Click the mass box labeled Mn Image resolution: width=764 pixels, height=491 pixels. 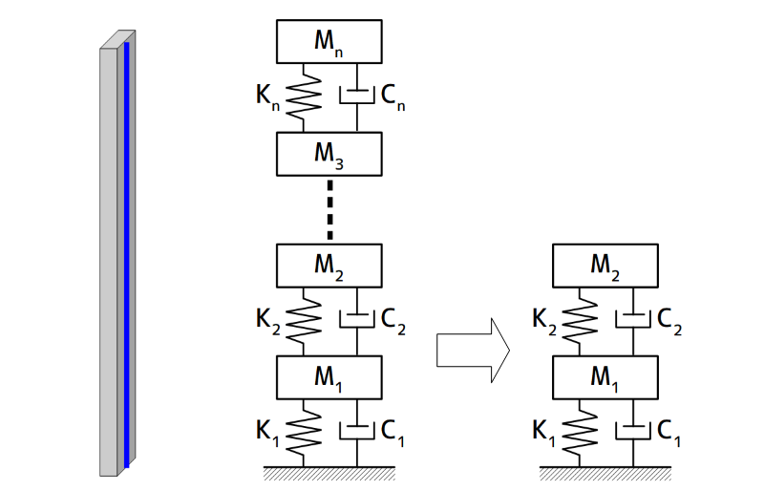[x=329, y=41]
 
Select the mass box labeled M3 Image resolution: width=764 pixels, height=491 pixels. [x=329, y=154]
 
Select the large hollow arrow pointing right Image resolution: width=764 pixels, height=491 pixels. [x=472, y=349]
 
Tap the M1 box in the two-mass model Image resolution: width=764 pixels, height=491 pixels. [x=605, y=376]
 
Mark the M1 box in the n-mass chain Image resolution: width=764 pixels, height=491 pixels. [x=329, y=376]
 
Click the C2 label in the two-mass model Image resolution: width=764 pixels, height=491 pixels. [x=670, y=322]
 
